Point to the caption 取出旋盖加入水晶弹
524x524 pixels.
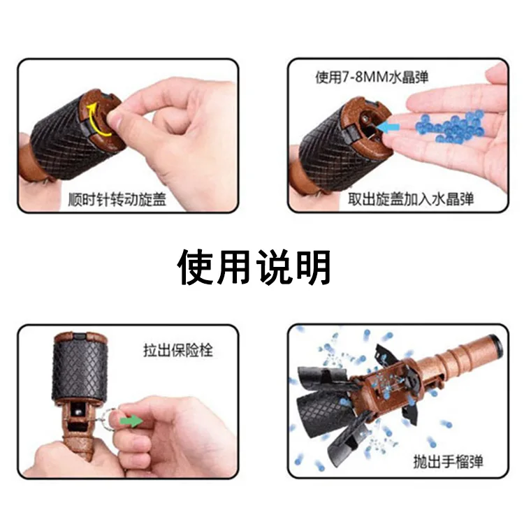pyautogui.click(x=411, y=198)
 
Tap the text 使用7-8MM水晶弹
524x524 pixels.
pyautogui.click(x=372, y=77)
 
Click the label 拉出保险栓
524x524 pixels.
pyautogui.click(x=178, y=349)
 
